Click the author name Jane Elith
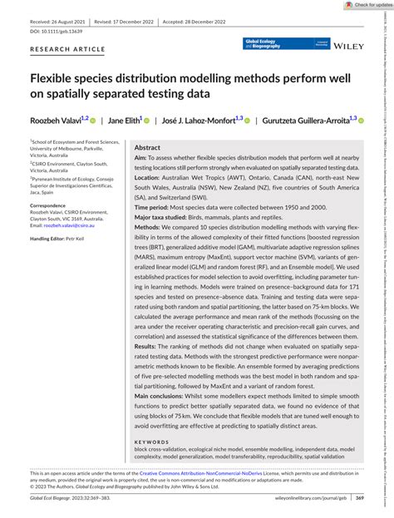pyautogui.click(x=127, y=121)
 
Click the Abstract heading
pyautogui.click(x=147, y=147)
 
